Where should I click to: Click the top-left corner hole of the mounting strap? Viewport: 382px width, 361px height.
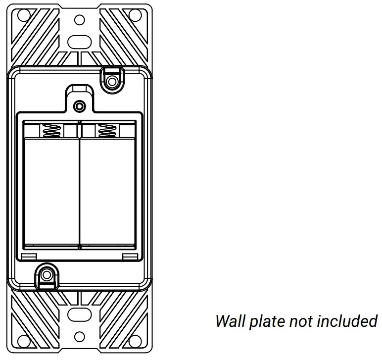point(23,15)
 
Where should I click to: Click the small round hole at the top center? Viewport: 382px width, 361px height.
point(79,20)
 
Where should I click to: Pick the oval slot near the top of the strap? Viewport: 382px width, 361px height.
point(79,41)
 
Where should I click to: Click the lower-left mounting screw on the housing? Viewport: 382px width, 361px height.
point(47,274)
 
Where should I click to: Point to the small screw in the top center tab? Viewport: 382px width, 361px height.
point(79,106)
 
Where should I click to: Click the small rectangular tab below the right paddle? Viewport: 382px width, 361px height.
point(130,256)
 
